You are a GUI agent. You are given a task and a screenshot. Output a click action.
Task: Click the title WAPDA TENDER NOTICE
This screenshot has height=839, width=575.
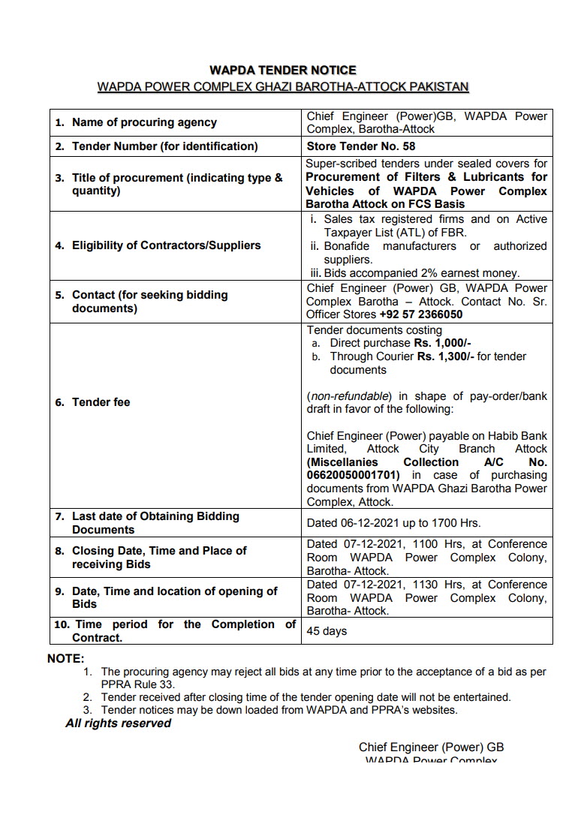point(283,71)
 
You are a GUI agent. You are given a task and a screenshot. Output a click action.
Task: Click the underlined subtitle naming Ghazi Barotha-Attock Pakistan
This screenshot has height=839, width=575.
point(283,87)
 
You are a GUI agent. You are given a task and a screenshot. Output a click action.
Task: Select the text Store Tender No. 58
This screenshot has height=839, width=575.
point(361,146)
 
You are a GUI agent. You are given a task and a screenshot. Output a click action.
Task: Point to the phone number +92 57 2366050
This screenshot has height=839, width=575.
point(420,315)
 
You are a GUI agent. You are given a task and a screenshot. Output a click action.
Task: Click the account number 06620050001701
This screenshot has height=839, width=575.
point(354,476)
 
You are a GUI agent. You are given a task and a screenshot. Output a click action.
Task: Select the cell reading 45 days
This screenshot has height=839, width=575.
point(327,631)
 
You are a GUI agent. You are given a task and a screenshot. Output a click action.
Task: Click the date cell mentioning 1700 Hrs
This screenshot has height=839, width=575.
point(394,523)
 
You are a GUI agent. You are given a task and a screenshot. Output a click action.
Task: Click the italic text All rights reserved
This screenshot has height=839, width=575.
point(118,723)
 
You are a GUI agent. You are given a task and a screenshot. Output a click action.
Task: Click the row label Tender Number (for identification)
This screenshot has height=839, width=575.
point(164,146)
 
